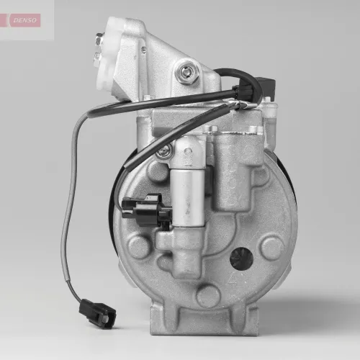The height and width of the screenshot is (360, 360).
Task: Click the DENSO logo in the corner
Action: click(27, 20)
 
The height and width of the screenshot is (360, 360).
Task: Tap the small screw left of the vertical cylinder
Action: click(165, 152)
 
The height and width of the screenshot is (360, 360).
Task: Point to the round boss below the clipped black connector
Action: click(139, 248)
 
